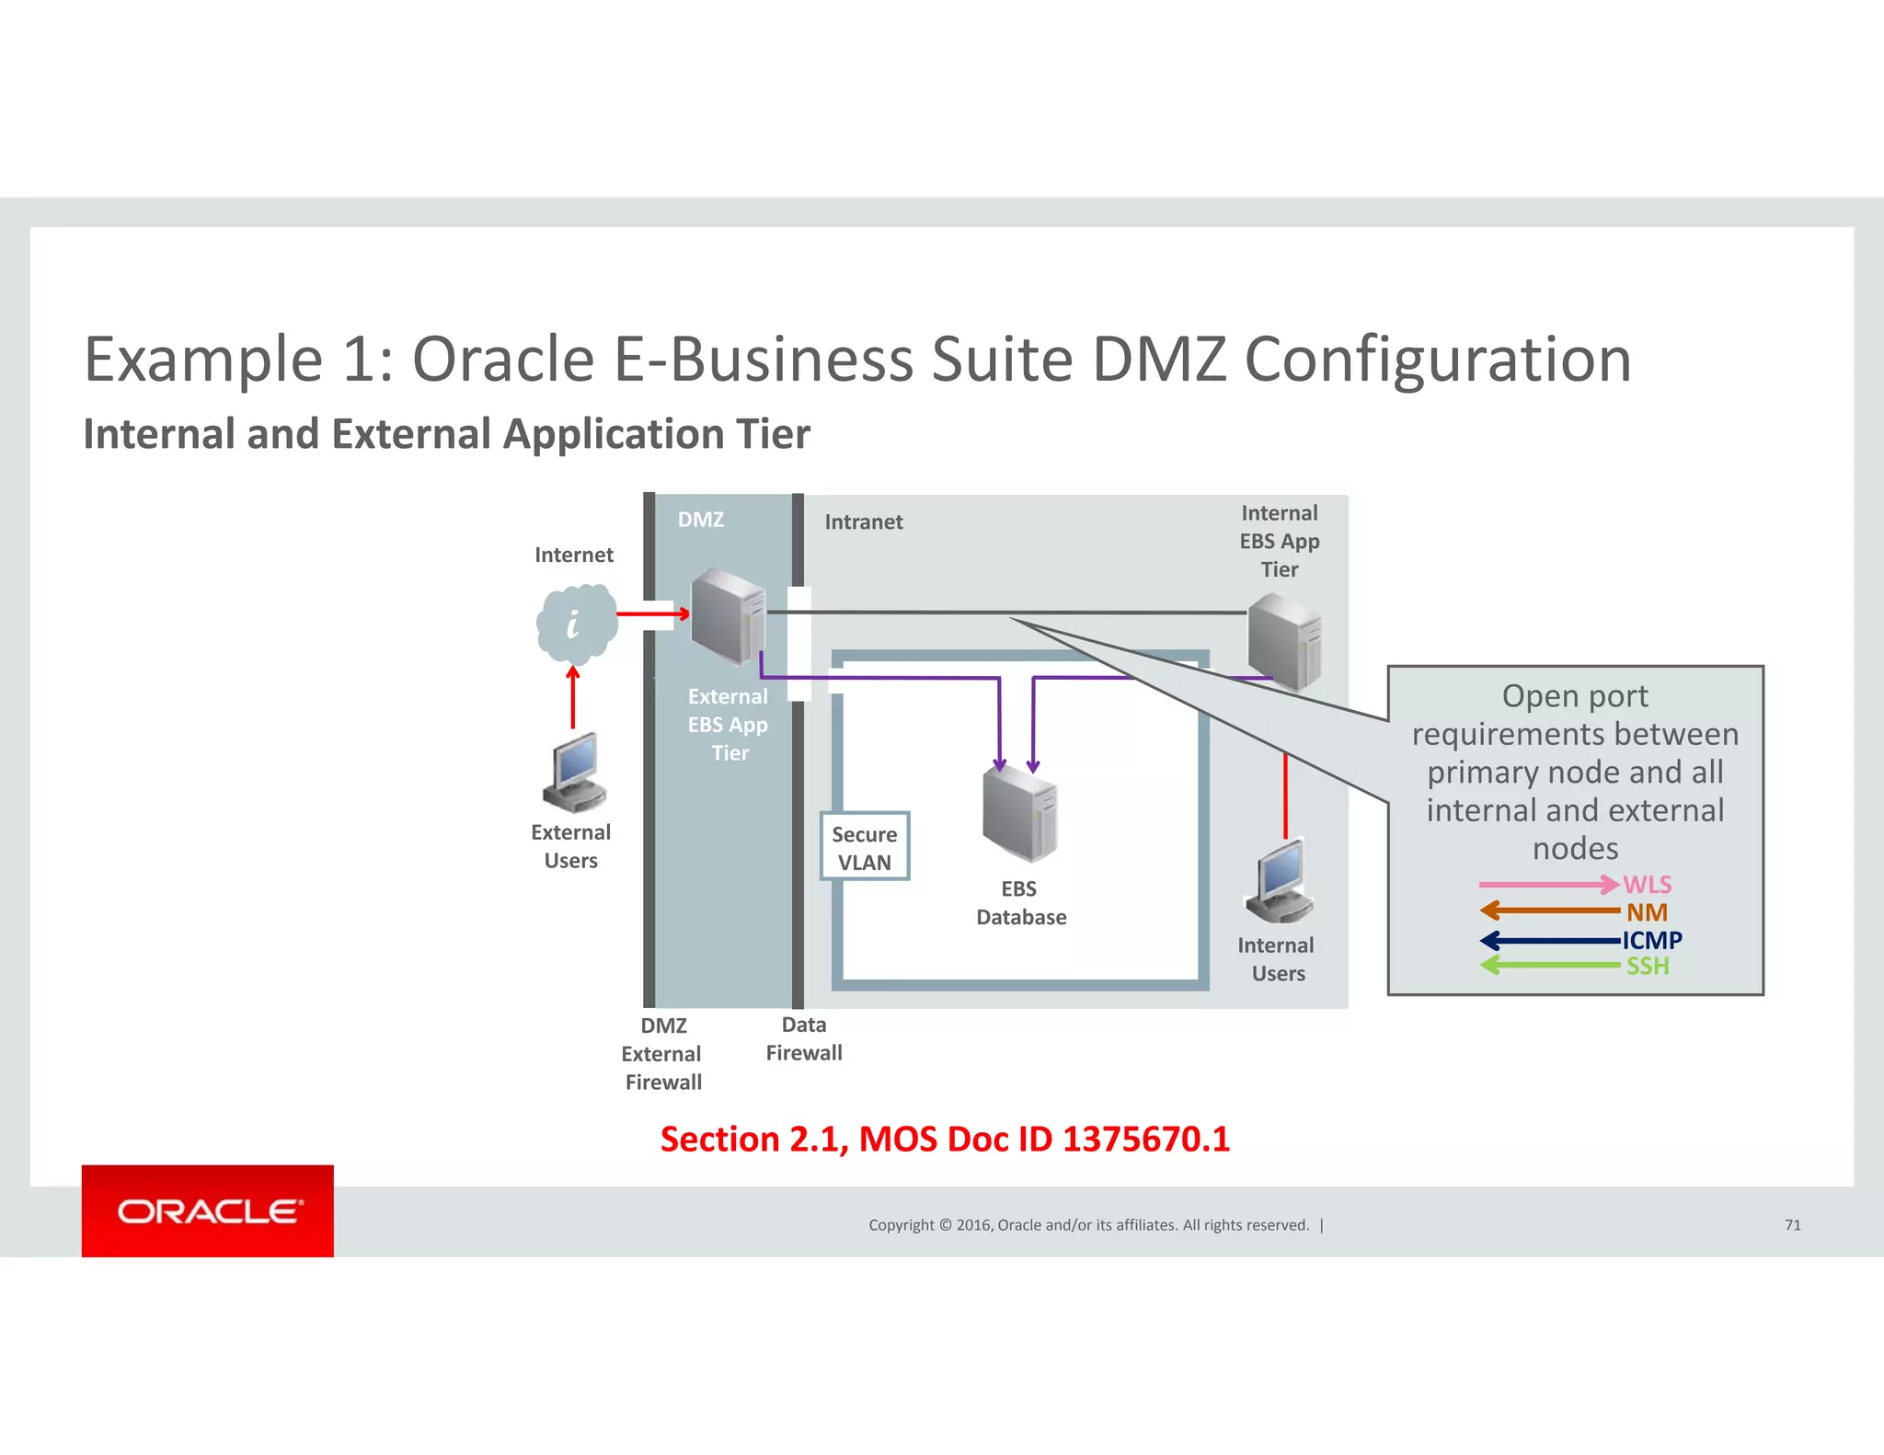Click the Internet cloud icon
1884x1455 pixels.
(576, 624)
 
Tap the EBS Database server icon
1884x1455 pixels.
(1019, 815)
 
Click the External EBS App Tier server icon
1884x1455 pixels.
(728, 615)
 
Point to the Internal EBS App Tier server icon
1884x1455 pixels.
(1284, 641)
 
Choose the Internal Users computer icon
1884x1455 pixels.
(1280, 881)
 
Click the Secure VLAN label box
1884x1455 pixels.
(864, 847)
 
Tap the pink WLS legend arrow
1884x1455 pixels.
(1548, 885)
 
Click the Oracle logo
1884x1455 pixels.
(208, 1211)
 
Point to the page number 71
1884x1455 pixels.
(1792, 1225)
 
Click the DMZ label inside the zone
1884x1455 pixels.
(701, 520)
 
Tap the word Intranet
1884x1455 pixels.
(863, 522)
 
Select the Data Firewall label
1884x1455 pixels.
(804, 1038)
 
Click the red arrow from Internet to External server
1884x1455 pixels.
(652, 613)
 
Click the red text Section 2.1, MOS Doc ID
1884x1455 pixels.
(945, 1140)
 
